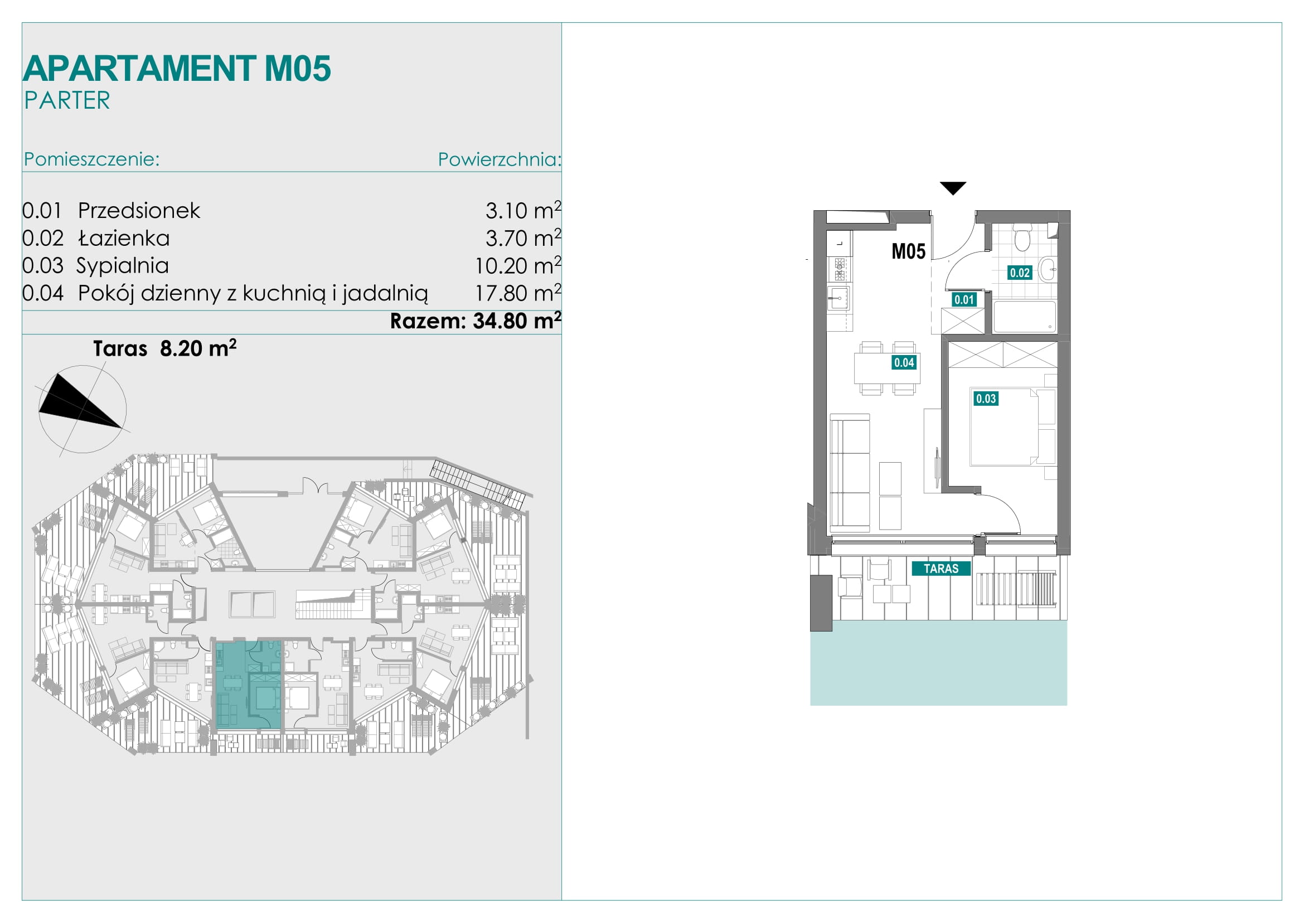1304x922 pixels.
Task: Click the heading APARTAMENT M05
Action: click(177, 69)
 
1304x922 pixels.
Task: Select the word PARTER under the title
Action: click(67, 100)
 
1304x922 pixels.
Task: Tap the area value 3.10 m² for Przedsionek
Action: click(523, 210)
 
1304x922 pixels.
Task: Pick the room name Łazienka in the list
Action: click(124, 238)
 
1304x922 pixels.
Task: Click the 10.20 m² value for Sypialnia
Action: click(518, 265)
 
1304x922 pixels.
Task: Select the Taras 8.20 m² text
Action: click(164, 348)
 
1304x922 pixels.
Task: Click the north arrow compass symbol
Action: click(83, 409)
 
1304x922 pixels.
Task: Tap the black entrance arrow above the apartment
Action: click(953, 188)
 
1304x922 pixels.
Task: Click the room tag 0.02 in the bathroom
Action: click(1020, 273)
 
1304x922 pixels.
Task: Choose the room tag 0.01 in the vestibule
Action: click(964, 300)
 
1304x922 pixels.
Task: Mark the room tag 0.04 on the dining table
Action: click(904, 362)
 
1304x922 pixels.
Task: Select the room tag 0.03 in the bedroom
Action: click(986, 399)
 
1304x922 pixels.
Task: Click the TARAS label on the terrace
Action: click(941, 568)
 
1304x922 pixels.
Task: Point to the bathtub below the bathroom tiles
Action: click(1025, 316)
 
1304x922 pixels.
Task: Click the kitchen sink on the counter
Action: click(839, 298)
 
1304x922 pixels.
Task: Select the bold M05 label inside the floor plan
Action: click(908, 251)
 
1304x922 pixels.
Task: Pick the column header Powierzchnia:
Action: click(499, 159)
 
